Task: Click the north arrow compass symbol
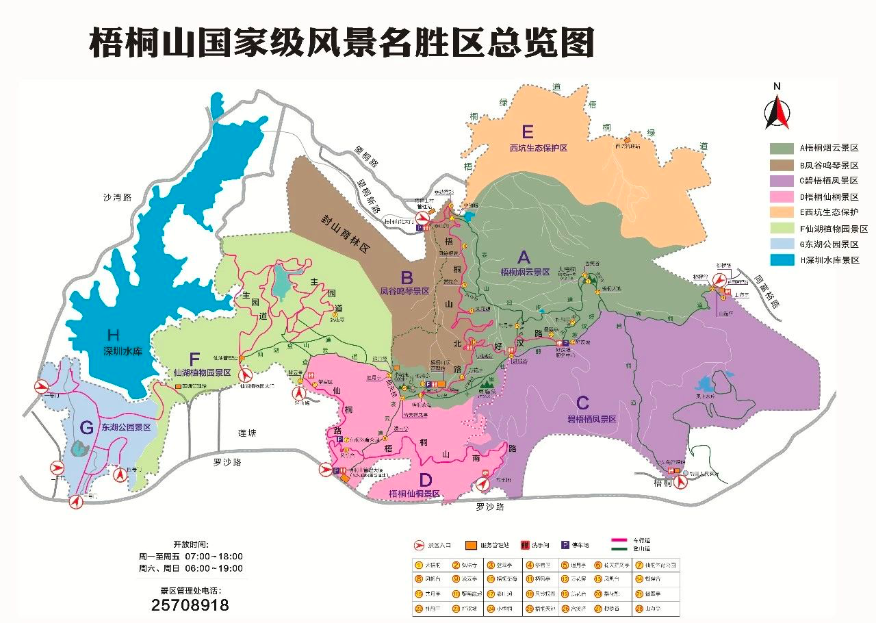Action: click(x=777, y=110)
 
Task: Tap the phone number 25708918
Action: click(x=190, y=605)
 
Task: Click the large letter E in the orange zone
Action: click(x=527, y=131)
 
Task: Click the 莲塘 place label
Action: click(x=247, y=433)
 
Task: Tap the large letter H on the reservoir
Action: click(x=114, y=335)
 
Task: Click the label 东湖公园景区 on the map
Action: click(x=126, y=427)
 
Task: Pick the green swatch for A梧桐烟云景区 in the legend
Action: click(x=778, y=148)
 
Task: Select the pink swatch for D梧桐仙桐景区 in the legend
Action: click(x=778, y=196)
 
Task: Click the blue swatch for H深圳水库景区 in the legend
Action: click(x=778, y=260)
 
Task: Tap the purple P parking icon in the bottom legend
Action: click(x=565, y=545)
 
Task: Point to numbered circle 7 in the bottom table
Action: click(x=639, y=565)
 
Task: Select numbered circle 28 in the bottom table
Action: click(x=639, y=608)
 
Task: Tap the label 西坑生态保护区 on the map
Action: click(x=539, y=148)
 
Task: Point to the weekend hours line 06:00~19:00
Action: click(x=190, y=568)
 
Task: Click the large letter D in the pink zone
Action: click(x=426, y=479)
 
